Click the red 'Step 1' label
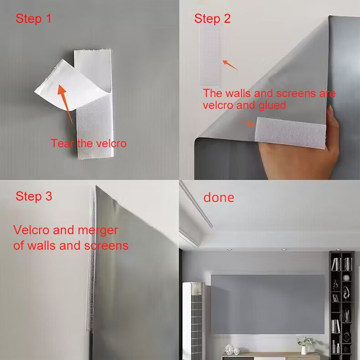pyautogui.click(x=34, y=19)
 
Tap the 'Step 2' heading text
pyautogui.click(x=212, y=19)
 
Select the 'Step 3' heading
pyautogui.click(x=34, y=196)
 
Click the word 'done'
pyautogui.click(x=219, y=198)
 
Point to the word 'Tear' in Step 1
pyautogui.click(x=62, y=143)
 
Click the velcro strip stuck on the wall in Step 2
pyautogui.click(x=210, y=55)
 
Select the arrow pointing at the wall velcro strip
pyautogui.click(x=230, y=65)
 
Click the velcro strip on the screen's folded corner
pyautogui.click(x=290, y=133)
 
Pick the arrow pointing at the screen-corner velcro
pyautogui.click(x=248, y=123)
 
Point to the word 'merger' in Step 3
pyautogui.click(x=98, y=231)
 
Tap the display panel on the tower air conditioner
pyautogui.click(x=197, y=289)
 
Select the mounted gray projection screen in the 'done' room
pyautogui.click(x=267, y=304)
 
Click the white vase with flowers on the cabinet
pyautogui.click(x=304, y=346)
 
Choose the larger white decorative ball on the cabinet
pyautogui.click(x=229, y=349)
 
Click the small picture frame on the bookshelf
pyautogui.click(x=336, y=298)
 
